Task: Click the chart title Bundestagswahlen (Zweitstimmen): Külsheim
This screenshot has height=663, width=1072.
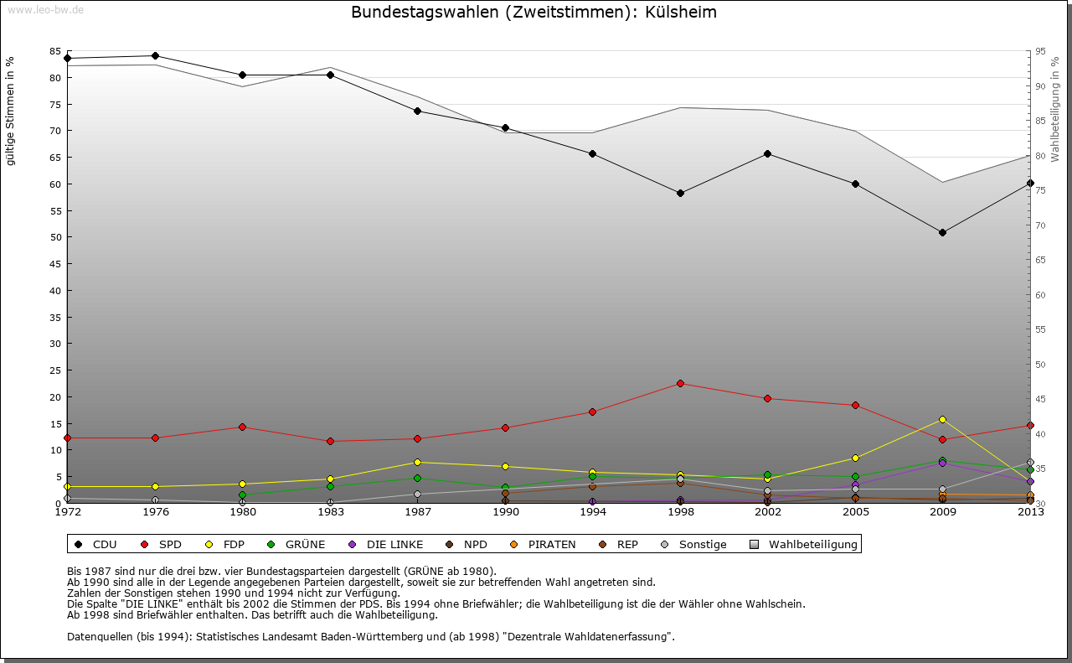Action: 533,13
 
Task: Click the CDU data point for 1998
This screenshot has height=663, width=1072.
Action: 680,193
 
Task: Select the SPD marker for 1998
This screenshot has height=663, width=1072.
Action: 680,383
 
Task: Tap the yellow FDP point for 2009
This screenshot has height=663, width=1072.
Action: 942,419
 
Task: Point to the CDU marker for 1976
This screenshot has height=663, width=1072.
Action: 155,56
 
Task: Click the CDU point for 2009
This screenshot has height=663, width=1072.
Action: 942,232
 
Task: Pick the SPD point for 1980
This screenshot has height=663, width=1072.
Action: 242,427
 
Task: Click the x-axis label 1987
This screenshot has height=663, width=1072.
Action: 417,512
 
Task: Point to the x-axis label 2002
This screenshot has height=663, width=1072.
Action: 767,512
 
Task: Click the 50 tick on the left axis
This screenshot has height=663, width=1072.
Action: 55,237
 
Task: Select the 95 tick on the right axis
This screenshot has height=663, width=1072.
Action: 1040,51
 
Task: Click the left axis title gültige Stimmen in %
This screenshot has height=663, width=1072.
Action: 11,111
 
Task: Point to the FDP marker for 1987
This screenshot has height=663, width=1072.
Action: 417,462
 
